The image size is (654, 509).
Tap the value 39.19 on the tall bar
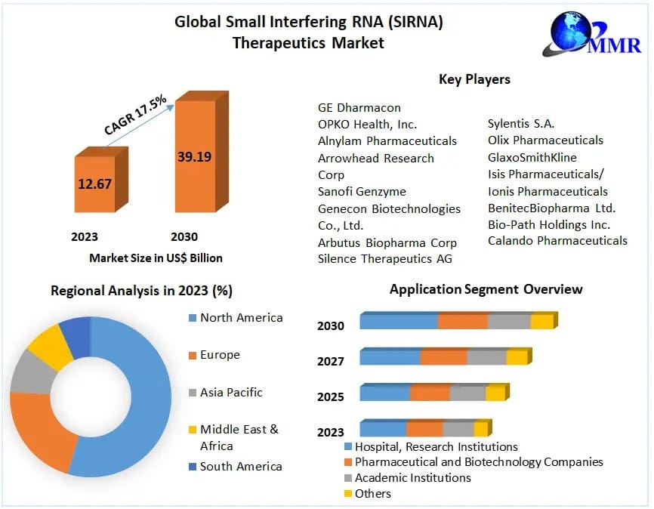[194, 157]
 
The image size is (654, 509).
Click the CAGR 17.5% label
[135, 116]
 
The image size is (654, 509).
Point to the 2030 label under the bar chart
[184, 236]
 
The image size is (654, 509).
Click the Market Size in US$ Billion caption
[156, 258]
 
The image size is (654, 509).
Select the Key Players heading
[474, 79]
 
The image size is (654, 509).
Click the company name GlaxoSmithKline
[532, 157]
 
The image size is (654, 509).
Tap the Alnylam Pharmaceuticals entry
[387, 140]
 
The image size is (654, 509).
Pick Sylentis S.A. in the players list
[521, 123]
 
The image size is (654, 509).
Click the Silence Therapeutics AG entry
[384, 259]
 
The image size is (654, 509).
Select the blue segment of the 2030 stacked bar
[398, 322]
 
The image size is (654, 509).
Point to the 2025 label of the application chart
[331, 397]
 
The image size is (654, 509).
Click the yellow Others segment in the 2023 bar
[480, 430]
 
